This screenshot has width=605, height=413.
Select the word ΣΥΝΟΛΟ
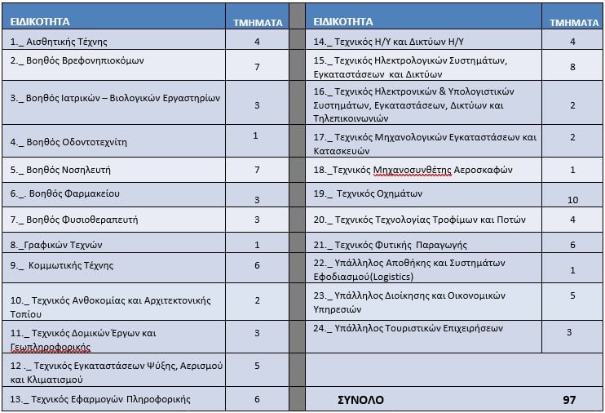pos(360,401)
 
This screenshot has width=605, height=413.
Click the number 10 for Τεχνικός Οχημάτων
pos(572,199)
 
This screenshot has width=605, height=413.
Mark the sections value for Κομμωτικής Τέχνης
pos(257,264)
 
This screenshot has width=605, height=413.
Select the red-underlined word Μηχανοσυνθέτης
pos(408,170)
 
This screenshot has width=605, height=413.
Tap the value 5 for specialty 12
pos(257,365)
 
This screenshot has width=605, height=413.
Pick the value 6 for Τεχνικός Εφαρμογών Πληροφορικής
pos(257,398)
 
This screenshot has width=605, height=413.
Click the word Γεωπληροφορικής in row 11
pos(50,346)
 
